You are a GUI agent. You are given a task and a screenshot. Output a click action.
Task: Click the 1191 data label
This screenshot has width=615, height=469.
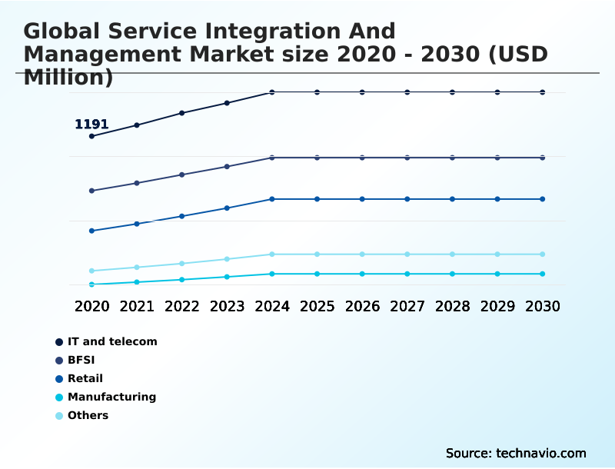pyautogui.click(x=91, y=125)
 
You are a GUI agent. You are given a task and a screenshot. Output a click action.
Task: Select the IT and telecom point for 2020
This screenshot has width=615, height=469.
pyautogui.click(x=91, y=136)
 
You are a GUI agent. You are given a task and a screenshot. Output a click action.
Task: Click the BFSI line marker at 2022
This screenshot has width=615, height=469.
pyautogui.click(x=182, y=175)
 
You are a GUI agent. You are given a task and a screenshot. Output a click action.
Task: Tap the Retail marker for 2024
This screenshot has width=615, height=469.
pyautogui.click(x=272, y=199)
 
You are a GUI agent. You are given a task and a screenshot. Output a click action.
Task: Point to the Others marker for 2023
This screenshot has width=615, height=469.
pyautogui.click(x=227, y=259)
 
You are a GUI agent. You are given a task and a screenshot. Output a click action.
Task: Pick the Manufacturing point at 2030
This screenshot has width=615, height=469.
pyautogui.click(x=543, y=274)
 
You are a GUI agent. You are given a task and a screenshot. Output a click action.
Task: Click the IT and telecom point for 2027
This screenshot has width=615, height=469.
pyautogui.click(x=407, y=92)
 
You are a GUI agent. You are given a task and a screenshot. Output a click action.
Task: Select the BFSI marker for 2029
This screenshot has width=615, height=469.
pyautogui.click(x=497, y=158)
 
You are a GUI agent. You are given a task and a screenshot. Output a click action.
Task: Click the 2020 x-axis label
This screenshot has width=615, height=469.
pyautogui.click(x=91, y=306)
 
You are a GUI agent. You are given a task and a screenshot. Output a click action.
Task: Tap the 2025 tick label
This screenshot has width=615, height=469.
pyautogui.click(x=317, y=306)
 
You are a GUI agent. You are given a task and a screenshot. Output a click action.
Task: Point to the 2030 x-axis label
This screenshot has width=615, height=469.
pyautogui.click(x=543, y=306)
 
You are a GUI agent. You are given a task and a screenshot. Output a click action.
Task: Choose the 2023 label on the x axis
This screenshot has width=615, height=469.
pyautogui.click(x=227, y=306)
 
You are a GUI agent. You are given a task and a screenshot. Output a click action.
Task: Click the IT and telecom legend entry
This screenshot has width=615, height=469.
pyautogui.click(x=112, y=341)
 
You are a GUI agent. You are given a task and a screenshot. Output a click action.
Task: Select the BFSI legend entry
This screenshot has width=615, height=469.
pyautogui.click(x=81, y=360)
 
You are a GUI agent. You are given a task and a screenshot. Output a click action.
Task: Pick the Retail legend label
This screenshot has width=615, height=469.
pyautogui.click(x=85, y=378)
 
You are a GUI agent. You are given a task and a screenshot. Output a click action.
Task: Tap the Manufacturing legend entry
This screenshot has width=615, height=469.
pyautogui.click(x=111, y=397)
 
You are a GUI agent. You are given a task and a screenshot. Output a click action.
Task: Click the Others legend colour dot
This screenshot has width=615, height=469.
pyautogui.click(x=59, y=416)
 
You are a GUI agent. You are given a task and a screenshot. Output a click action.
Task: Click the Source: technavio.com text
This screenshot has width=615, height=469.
pyautogui.click(x=516, y=453)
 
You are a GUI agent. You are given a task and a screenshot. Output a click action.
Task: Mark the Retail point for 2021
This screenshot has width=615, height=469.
pyautogui.click(x=137, y=224)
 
